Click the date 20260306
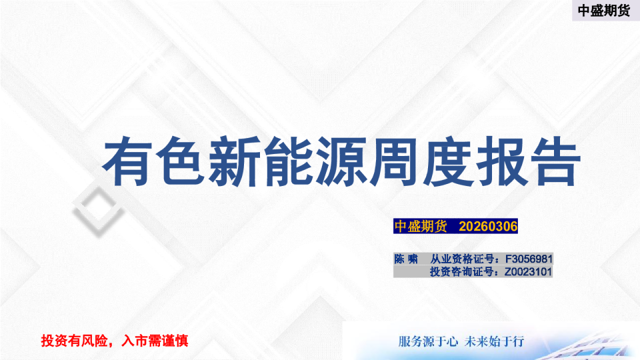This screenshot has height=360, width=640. coord(489,227)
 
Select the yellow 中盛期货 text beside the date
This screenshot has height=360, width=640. coord(421,227)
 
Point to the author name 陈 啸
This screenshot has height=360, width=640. coord(406,259)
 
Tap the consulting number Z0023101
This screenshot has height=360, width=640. coord(529,272)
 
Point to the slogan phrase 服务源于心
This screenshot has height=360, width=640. coord(427,341)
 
